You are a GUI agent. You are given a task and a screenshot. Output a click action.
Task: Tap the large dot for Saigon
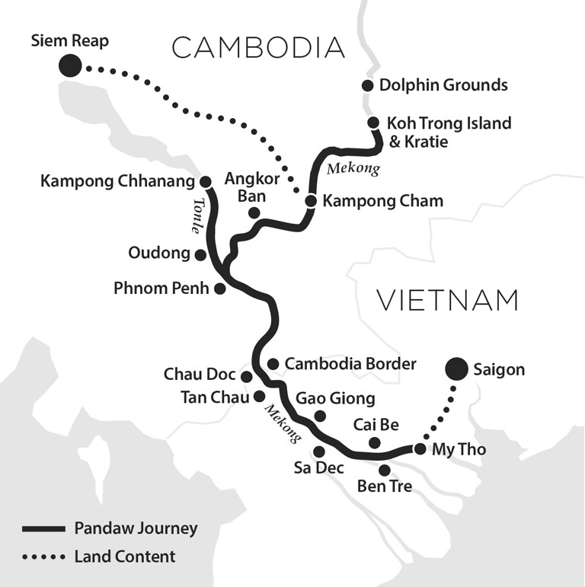tap(456, 369)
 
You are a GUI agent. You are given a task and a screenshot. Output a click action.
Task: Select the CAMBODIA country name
tap(258, 48)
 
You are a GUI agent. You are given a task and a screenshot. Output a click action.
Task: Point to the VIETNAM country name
tap(448, 300)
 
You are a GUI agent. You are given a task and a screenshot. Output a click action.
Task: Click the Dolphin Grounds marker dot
tap(368, 85)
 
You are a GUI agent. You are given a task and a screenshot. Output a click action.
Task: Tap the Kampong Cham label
tap(382, 201)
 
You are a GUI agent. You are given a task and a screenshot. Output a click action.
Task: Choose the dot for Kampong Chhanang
tap(205, 182)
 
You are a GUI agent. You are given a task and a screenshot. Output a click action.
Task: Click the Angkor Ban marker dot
tap(254, 212)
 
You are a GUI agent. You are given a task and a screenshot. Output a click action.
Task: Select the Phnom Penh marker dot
tap(219, 289)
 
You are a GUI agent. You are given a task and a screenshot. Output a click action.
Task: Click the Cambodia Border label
tap(350, 364)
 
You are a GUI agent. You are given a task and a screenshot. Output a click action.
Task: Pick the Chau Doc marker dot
tap(246, 376)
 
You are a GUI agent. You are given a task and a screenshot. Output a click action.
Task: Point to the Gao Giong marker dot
tap(320, 416)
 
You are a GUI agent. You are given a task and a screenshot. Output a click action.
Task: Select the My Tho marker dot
tap(420, 448)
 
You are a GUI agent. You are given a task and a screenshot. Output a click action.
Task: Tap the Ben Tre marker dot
tap(385, 470)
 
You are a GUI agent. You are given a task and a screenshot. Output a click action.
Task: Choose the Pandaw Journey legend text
tap(136, 528)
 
